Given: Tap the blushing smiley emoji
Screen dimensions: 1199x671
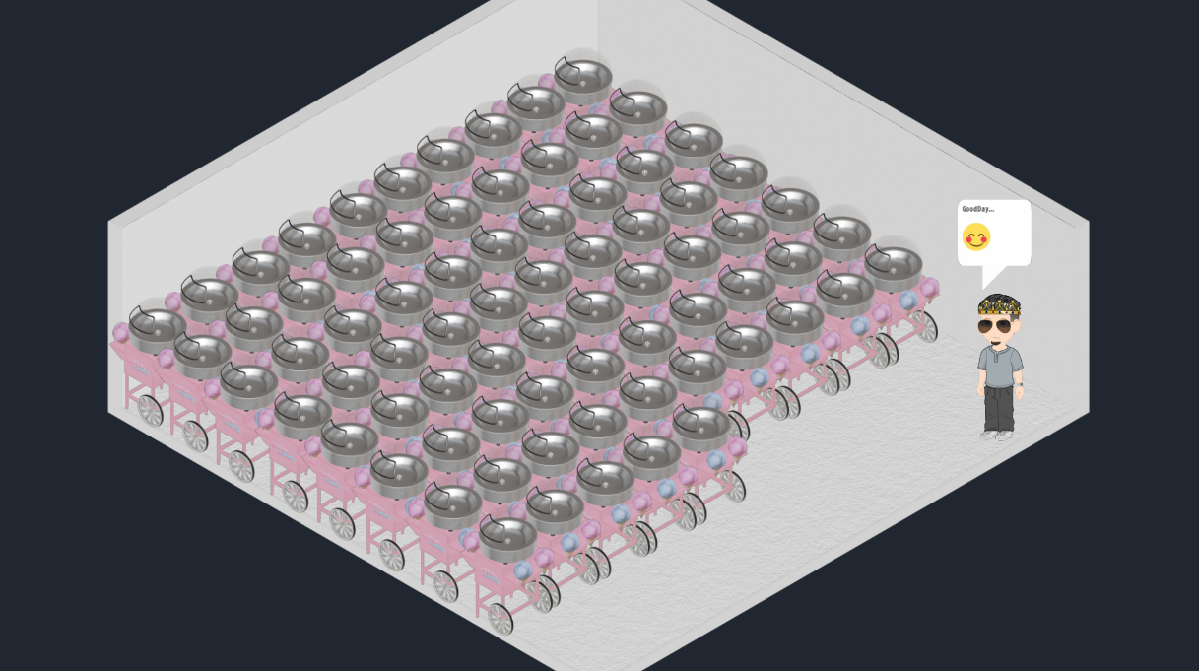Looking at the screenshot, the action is click(x=976, y=236).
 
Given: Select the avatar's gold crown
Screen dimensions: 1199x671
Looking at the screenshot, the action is click(x=999, y=306).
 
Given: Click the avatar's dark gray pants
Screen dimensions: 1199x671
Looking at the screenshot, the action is click(x=998, y=408).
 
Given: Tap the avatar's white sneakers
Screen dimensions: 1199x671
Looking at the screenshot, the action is click(x=997, y=435).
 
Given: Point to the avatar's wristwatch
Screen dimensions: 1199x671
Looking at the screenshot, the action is click(x=1021, y=384).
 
